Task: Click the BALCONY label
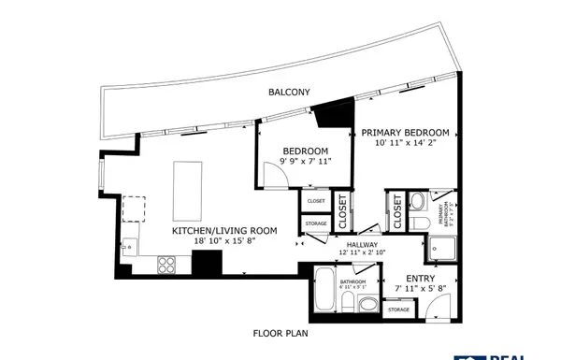[x=289, y=92]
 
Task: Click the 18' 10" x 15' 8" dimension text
[x=224, y=240]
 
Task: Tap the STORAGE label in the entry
[x=399, y=309]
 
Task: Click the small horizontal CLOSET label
[x=316, y=201]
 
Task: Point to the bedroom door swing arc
[x=273, y=170]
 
